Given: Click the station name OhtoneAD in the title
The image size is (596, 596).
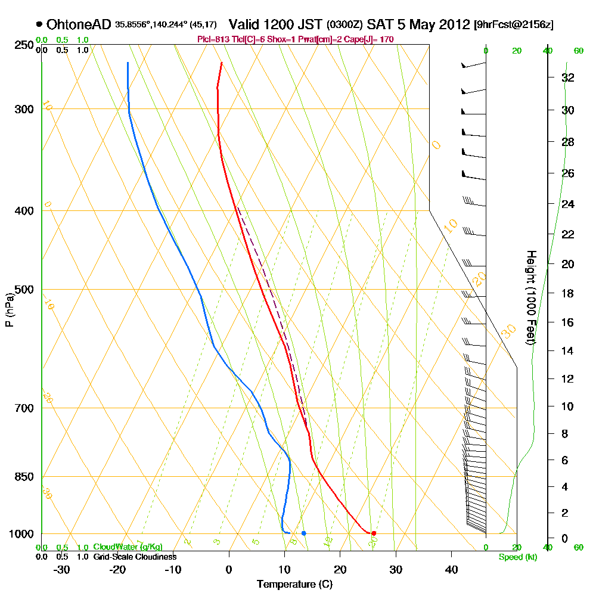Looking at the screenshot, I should point(79,24).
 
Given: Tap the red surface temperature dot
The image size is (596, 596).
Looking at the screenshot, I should point(374,533).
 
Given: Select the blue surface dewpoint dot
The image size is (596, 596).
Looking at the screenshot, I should point(303,533).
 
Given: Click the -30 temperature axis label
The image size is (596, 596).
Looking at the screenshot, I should point(62,570).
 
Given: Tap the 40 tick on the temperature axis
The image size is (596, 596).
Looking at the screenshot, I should point(452,570).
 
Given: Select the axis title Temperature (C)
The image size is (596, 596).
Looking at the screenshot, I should point(294,584).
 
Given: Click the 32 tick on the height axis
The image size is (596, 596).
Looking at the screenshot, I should point(568,77).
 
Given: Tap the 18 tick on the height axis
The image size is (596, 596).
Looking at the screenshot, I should point(568,293).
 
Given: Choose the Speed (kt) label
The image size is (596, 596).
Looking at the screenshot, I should point(516,557).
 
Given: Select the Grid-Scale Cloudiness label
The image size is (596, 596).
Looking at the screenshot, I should point(135,557).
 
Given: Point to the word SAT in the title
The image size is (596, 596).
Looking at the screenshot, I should point(378,24).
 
